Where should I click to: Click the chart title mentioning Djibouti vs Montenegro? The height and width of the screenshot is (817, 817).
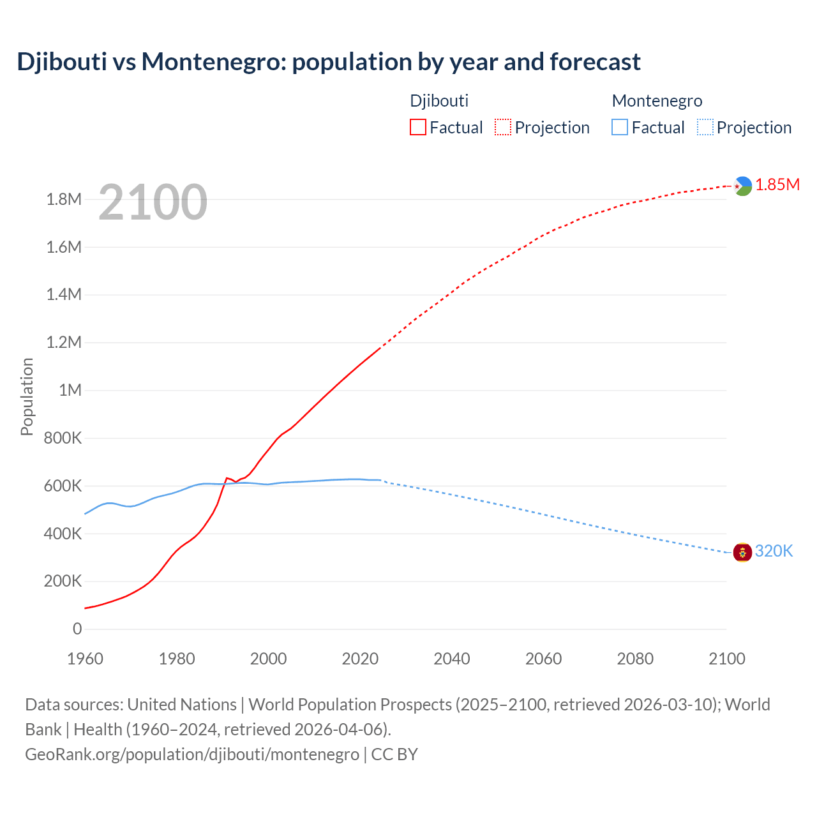(329, 62)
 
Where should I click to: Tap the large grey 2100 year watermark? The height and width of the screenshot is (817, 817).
(153, 202)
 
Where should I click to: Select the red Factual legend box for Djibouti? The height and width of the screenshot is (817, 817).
(418, 127)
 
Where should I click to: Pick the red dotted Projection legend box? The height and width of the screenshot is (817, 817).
(503, 127)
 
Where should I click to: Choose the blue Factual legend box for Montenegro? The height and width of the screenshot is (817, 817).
(620, 127)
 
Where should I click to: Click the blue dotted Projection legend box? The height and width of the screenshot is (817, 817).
(705, 127)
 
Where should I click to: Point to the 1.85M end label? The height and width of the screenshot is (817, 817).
(777, 185)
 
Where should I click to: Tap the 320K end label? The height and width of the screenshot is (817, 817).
(774, 551)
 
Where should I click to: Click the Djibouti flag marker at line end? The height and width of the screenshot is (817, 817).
(742, 186)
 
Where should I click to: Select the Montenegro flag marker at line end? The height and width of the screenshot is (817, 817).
(742, 551)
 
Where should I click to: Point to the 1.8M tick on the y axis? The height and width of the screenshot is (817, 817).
(64, 200)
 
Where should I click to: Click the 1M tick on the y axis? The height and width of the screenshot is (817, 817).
(70, 390)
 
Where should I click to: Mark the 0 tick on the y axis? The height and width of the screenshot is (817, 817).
(77, 629)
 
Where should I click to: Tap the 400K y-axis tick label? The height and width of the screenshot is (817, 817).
(63, 534)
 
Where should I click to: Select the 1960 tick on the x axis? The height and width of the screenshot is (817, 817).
(85, 659)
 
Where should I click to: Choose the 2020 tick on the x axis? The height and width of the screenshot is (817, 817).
(360, 659)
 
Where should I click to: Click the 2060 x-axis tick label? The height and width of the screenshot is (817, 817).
(544, 659)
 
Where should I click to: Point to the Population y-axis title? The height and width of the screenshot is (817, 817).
(27, 396)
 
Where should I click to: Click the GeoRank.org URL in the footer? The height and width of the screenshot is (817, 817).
(192, 754)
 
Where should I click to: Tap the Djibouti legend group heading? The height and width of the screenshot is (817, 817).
(439, 101)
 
